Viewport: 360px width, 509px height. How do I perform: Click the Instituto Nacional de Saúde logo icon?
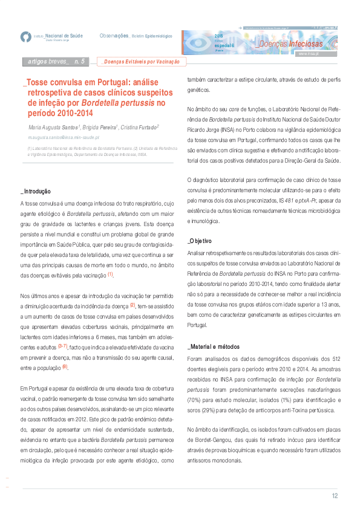point(25,37)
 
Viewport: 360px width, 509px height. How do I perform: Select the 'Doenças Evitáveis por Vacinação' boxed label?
point(142,62)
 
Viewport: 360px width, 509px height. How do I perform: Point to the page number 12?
point(335,496)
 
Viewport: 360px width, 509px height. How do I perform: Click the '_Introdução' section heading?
point(36,192)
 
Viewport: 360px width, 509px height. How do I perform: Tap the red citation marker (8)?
point(65,367)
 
